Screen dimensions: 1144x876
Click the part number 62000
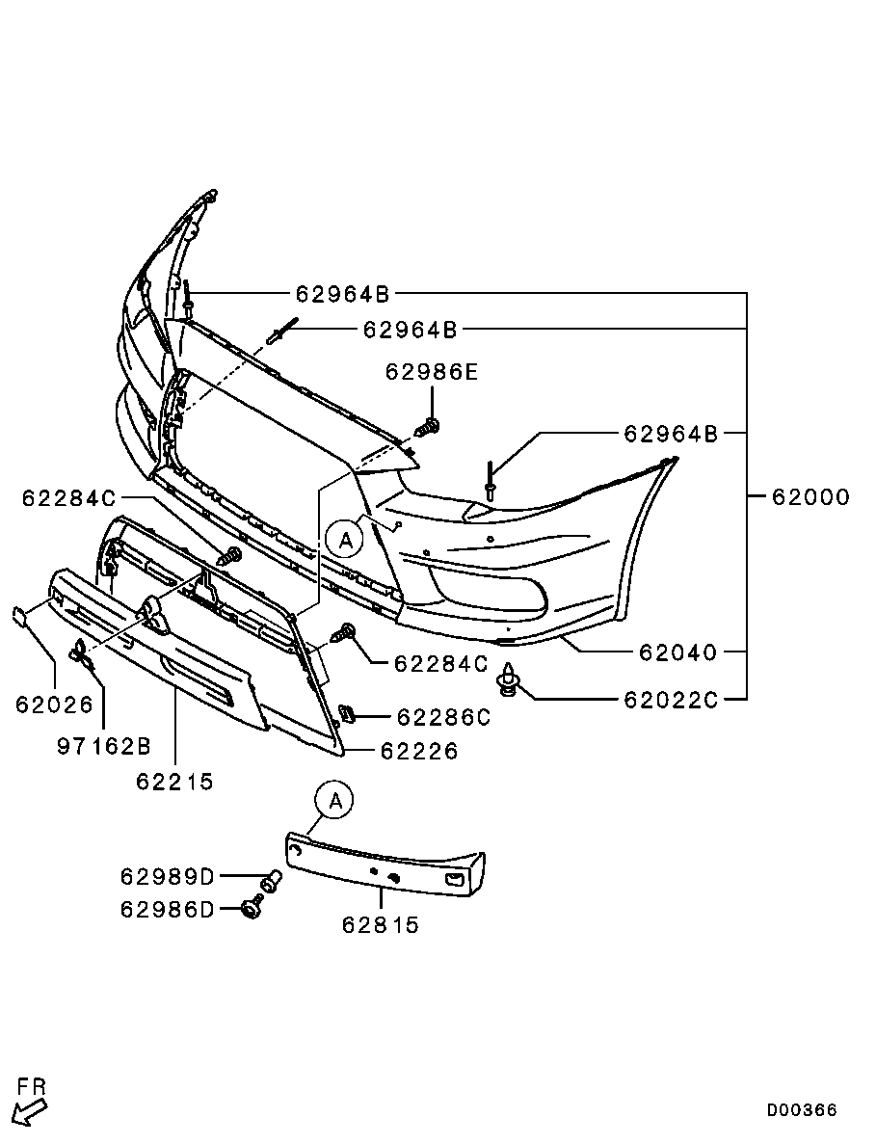[x=810, y=497]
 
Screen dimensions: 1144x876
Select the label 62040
[x=677, y=652]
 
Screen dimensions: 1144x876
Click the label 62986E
[x=432, y=372]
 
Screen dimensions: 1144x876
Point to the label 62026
[x=54, y=705]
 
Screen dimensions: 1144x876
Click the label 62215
[x=174, y=782]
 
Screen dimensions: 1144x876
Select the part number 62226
[x=419, y=751]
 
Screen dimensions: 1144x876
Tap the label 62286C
[x=443, y=717]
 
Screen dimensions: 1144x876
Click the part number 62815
[x=381, y=925]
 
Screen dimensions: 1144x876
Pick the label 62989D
[x=168, y=877]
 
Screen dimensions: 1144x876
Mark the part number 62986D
[x=168, y=909]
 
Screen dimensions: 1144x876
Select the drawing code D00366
[x=802, y=1110]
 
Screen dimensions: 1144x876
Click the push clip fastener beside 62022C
[x=508, y=681]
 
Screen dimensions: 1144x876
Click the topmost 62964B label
[x=342, y=294]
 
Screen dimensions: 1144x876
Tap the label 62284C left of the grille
[x=68, y=498]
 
